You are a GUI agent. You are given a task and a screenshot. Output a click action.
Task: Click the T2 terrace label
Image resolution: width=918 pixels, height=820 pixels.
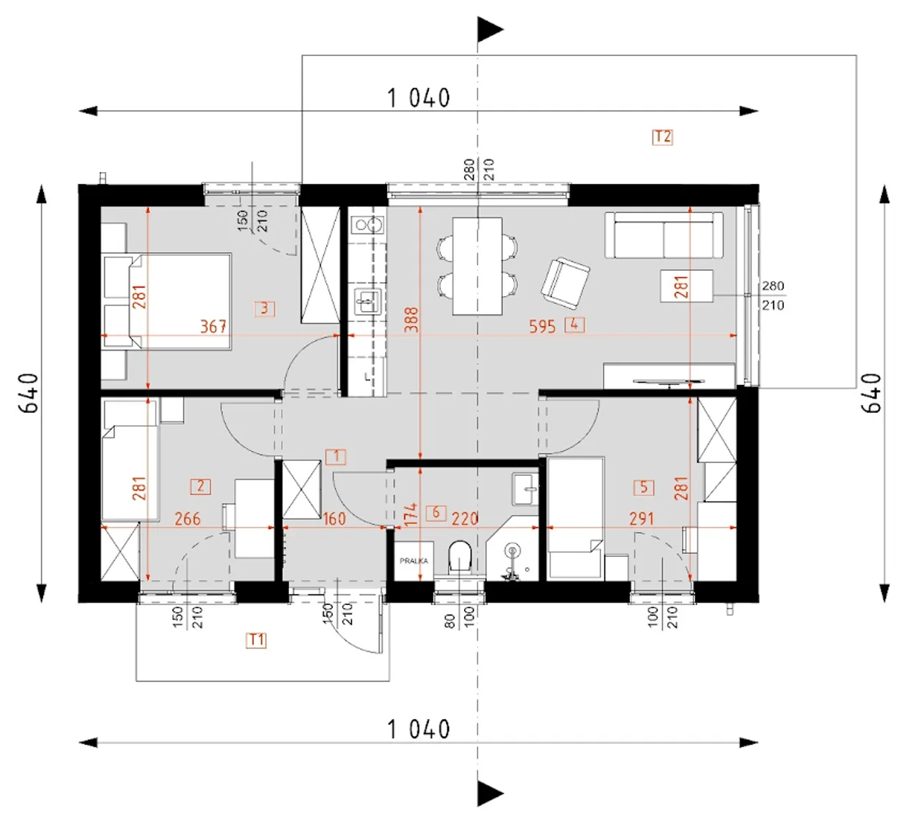pos(662,137)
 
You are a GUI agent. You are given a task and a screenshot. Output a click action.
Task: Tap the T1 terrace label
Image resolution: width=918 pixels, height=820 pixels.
pos(256,640)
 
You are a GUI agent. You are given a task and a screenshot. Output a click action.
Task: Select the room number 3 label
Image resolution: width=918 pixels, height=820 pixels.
pos(265,309)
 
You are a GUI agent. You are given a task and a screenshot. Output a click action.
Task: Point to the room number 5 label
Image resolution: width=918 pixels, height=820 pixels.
pos(644,487)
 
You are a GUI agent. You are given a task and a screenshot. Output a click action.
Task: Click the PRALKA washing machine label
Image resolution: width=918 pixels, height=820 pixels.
pos(414,561)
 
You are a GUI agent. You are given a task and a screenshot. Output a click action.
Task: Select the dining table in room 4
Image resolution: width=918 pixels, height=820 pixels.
pos(477,266)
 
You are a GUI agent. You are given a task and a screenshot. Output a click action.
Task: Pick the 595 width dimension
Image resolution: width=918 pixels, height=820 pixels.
pos(542,326)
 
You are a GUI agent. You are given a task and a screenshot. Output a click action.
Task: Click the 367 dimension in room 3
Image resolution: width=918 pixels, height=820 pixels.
pos(213,326)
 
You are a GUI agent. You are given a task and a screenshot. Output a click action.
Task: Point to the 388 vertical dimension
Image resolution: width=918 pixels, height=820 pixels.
pos(412,320)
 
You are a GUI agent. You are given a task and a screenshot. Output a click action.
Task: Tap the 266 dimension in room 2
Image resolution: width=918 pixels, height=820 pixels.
pos(188,519)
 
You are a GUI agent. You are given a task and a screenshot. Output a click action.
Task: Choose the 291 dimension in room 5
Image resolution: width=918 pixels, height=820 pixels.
pos(642,519)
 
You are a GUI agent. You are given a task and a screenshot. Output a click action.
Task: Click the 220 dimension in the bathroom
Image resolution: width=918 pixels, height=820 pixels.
pos(465,519)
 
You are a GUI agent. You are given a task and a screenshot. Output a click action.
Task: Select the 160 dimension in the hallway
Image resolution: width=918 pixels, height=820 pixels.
pos(334,519)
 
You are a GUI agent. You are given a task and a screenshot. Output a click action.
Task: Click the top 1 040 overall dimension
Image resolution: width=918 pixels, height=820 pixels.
pos(419,98)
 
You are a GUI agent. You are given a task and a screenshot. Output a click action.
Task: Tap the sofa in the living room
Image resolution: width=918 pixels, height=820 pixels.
pos(664,235)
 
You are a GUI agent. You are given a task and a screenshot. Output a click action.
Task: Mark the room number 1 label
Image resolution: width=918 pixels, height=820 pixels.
pos(336,457)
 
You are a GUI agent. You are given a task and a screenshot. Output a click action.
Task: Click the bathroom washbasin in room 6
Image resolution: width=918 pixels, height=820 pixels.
pos(526,489)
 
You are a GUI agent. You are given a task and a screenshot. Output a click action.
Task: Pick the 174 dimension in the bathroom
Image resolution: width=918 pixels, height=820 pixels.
pos(410,514)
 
